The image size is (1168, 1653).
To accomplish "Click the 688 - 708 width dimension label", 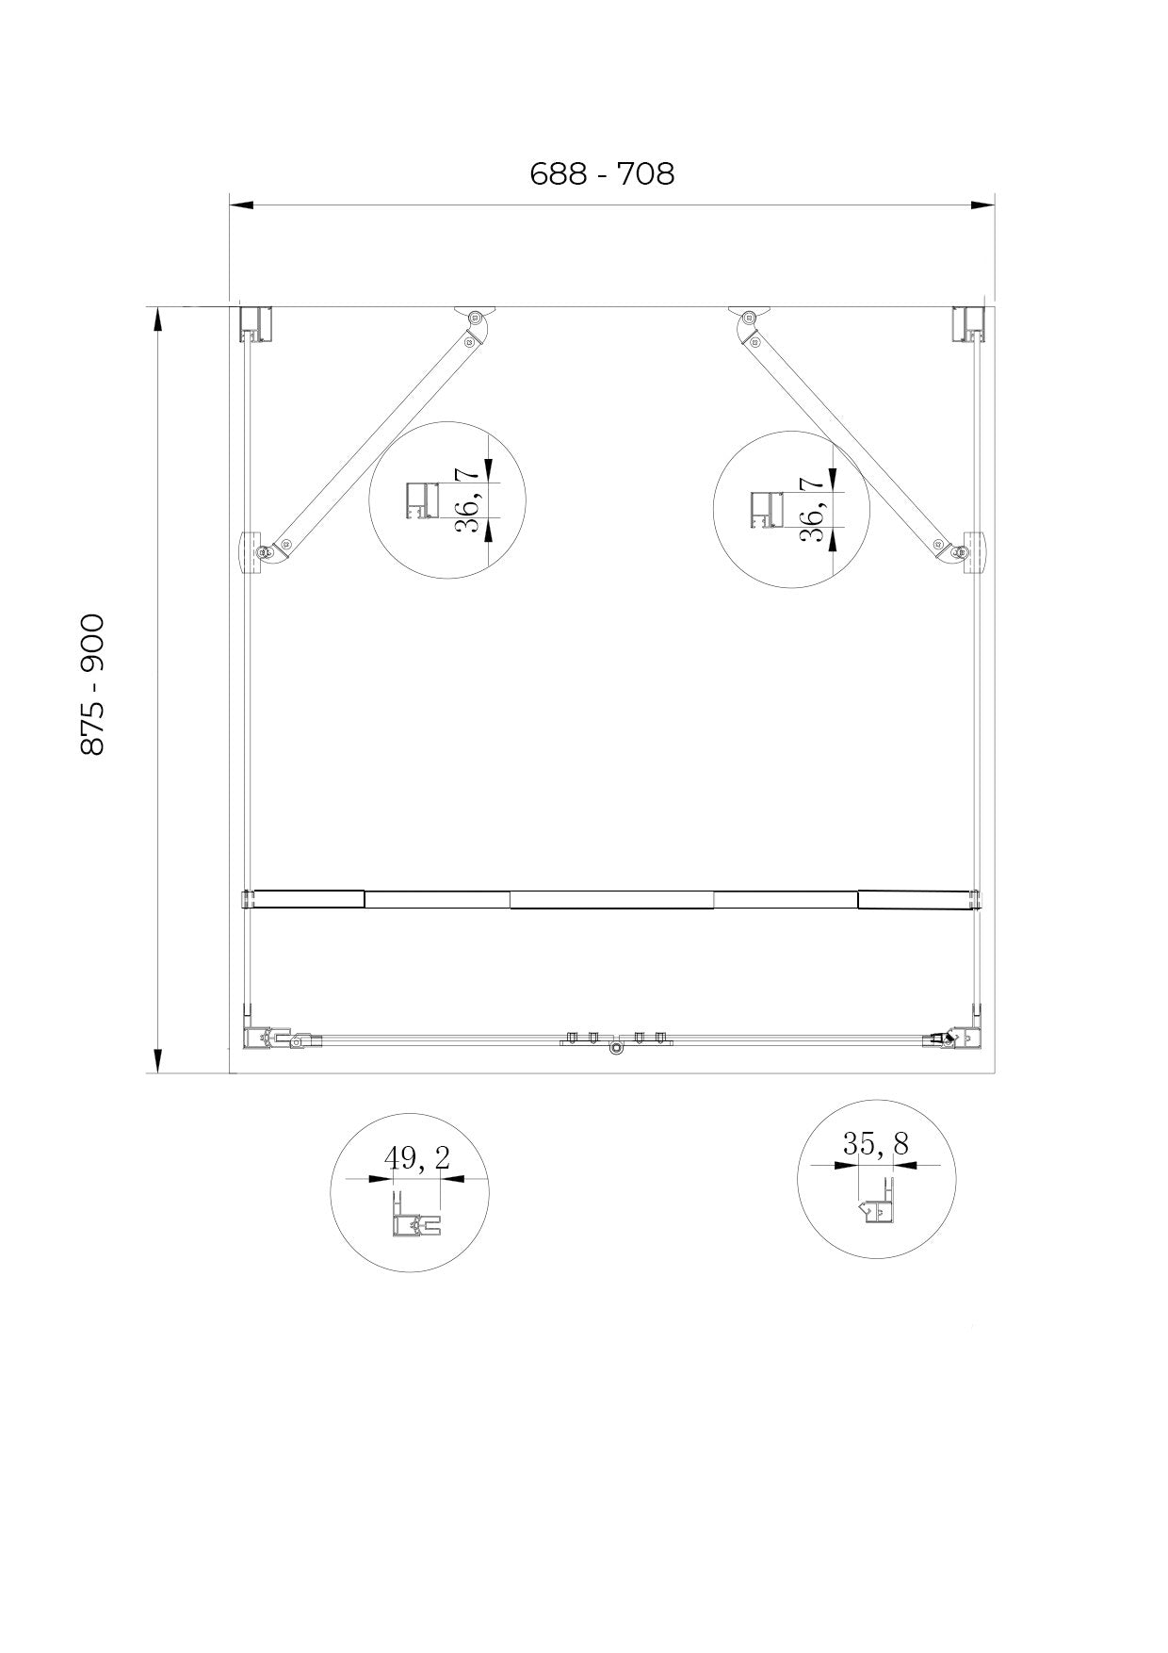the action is [x=602, y=174].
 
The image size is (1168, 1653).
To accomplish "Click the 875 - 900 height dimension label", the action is [x=92, y=684].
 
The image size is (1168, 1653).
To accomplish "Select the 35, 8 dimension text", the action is [x=876, y=1144].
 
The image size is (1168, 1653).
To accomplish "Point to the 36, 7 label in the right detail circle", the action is [x=813, y=510].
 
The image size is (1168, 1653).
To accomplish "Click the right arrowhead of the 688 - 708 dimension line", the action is [x=983, y=204].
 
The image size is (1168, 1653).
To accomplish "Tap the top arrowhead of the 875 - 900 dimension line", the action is [x=158, y=319].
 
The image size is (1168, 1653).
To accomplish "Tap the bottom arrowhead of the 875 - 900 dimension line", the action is [x=158, y=1060].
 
